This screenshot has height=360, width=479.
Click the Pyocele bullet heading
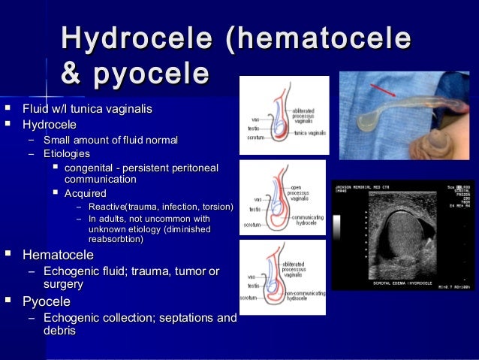click(x=47, y=302)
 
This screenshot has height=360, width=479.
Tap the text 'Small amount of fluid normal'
click(x=111, y=140)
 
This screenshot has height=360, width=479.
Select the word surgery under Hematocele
click(x=64, y=284)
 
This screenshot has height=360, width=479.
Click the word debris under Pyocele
click(x=60, y=331)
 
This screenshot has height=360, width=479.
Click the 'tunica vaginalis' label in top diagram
click(x=310, y=132)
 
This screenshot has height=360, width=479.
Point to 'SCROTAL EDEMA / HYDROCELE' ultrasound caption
click(x=405, y=282)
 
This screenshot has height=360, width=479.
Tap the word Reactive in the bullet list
click(x=106, y=207)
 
